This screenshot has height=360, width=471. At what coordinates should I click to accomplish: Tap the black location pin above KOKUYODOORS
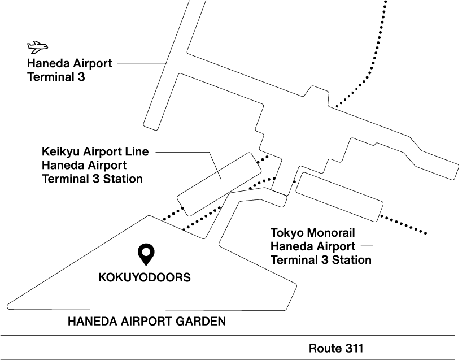(x=146, y=254)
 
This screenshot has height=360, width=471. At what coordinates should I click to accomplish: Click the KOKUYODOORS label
(x=145, y=278)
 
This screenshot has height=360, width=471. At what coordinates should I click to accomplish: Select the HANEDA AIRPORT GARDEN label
(x=147, y=322)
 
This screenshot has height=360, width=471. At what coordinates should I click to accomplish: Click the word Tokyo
(x=286, y=233)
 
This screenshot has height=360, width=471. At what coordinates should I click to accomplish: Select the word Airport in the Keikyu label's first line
(x=104, y=152)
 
